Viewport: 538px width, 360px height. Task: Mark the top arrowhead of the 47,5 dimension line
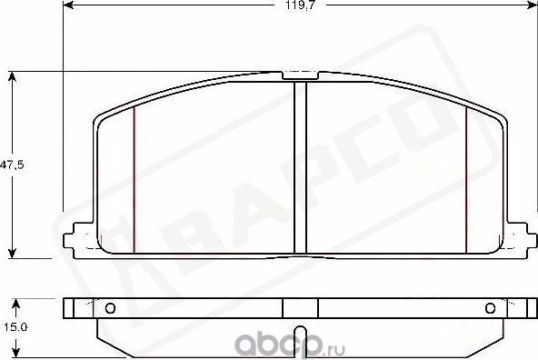[x=12, y=76]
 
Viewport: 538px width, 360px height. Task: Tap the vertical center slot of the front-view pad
[x=301, y=168]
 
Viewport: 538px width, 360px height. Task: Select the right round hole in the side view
[x=492, y=306]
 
